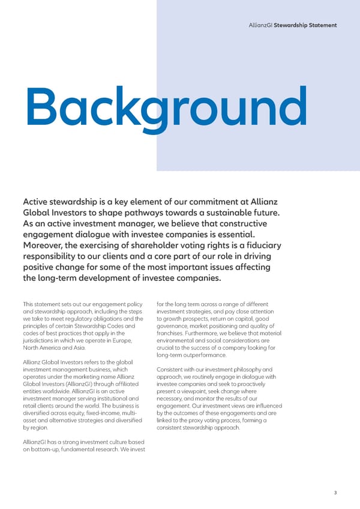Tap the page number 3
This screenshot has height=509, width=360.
click(335, 492)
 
